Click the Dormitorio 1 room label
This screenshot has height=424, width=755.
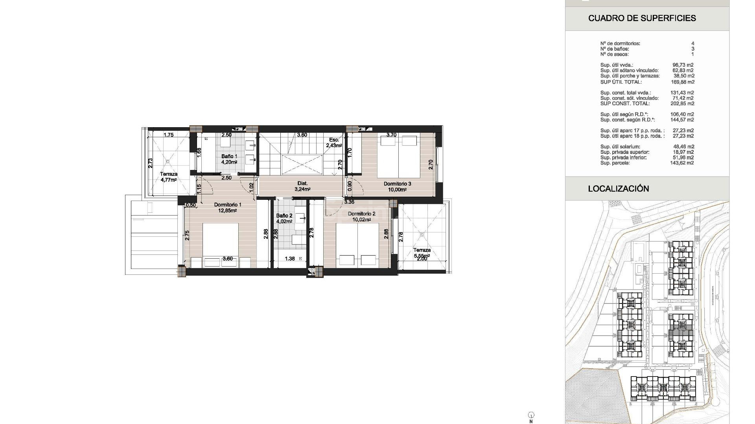click(228, 205)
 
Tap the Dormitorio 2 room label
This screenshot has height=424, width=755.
click(361, 214)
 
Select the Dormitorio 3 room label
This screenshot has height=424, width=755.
click(397, 184)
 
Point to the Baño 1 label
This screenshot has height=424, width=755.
click(229, 156)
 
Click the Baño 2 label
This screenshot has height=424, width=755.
click(284, 216)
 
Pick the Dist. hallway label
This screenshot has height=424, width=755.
click(302, 183)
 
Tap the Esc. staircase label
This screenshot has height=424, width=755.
click(334, 140)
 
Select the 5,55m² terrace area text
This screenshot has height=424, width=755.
click(422, 256)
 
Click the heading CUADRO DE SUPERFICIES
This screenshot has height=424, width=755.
click(642, 18)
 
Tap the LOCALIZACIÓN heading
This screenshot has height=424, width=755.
click(618, 188)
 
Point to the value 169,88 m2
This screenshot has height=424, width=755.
click(682, 82)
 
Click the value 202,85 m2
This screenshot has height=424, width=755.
click(682, 104)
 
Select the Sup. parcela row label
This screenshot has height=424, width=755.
click(615, 163)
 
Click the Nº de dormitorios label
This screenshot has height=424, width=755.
click(620, 44)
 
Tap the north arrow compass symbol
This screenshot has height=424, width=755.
click(531, 415)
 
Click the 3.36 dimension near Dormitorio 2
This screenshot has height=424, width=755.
click(349, 202)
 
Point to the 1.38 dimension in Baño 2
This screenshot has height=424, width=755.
click(290, 259)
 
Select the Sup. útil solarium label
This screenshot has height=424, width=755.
click(620, 146)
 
